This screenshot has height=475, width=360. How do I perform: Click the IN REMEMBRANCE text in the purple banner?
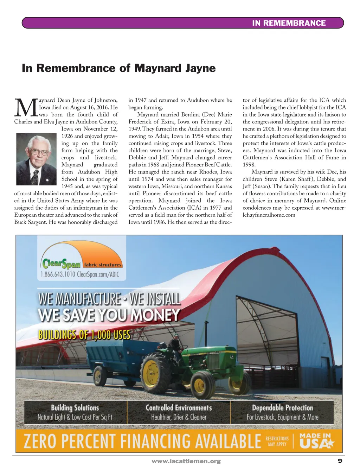click(x=289, y=23)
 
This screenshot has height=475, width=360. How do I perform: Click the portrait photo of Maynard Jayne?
click(x=37, y=159)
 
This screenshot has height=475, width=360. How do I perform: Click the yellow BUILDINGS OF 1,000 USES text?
click(x=84, y=334)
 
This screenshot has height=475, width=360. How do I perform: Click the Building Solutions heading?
click(x=75, y=408)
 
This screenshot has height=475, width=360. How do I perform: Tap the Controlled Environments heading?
click(x=179, y=408)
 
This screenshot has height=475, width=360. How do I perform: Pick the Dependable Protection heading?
click(x=282, y=408)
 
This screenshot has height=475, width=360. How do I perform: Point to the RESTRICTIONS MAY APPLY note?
click(x=277, y=441)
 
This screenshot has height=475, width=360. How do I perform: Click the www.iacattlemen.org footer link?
click(x=186, y=461)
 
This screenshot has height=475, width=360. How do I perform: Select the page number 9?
click(x=340, y=461)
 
